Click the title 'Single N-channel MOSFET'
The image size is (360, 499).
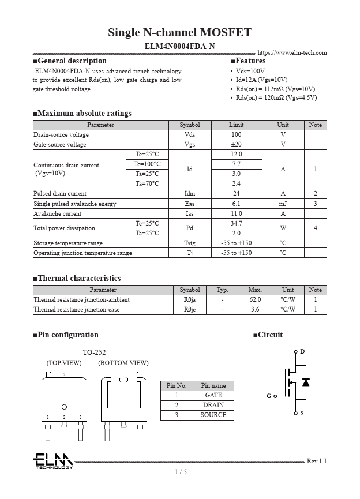pyautogui.click(x=179, y=32)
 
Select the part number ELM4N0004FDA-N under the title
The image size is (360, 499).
pyautogui.click(x=179, y=46)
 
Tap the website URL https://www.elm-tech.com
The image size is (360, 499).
pyautogui.click(x=292, y=53)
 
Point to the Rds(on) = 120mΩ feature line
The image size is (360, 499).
pyautogui.click(x=276, y=97)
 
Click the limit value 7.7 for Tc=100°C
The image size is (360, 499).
pyautogui.click(x=237, y=164)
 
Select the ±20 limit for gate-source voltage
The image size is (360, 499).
pyautogui.click(x=237, y=144)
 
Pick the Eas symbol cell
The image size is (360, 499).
pyautogui.click(x=190, y=204)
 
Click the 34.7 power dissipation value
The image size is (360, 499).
pyautogui.click(x=237, y=223)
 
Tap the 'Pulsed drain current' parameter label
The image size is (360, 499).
pyautogui.click(x=60, y=194)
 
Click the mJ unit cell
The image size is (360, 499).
pyautogui.click(x=283, y=204)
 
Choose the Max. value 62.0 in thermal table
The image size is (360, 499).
pyautogui.click(x=255, y=300)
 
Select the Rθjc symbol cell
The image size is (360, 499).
pyautogui.click(x=190, y=310)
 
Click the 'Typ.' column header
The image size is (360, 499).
pyautogui.click(x=222, y=290)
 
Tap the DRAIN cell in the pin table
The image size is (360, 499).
pyautogui.click(x=213, y=406)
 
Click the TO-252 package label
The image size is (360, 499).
pyautogui.click(x=94, y=352)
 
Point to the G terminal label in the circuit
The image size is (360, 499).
pyautogui.click(x=269, y=396)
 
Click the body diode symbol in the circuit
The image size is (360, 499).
pyautogui.click(x=306, y=382)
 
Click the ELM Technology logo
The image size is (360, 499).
pyautogui.click(x=52, y=461)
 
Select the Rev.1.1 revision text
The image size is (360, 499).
pyautogui.click(x=317, y=461)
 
